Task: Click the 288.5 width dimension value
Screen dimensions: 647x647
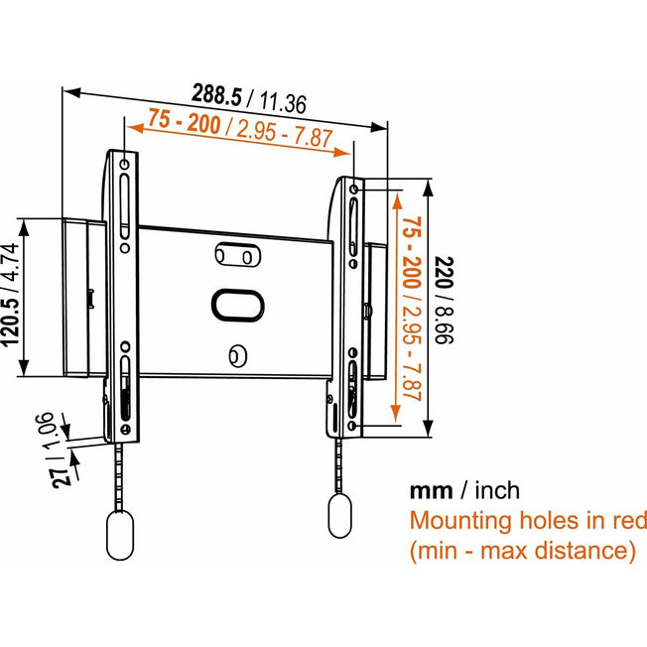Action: coord(217,95)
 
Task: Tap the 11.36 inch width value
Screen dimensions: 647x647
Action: coord(283,103)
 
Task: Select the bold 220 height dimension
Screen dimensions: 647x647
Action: coord(445,272)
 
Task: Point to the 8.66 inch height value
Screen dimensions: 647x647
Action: coord(444,324)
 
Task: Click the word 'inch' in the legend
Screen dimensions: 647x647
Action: coord(497,490)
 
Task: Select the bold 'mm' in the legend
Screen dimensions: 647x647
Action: coord(431,491)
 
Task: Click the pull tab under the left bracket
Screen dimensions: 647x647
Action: coord(120,535)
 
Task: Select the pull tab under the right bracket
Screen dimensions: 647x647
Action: coord(340,515)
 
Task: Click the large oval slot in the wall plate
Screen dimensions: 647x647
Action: coord(238,306)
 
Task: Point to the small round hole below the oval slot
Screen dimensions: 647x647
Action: coord(238,356)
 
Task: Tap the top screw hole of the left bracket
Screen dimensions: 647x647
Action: coord(125,165)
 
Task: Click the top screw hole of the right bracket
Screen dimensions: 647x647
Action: coord(353,189)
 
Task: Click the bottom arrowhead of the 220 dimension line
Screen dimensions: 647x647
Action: coord(429,428)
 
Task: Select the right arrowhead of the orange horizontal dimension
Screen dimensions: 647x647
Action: coord(341,152)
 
